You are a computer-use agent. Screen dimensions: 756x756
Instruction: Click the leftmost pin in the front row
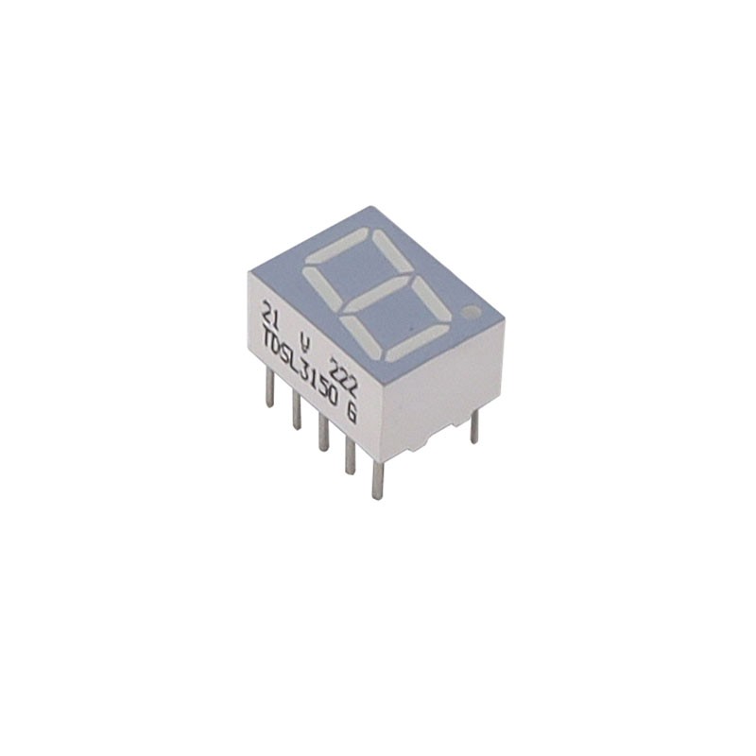click(271, 387)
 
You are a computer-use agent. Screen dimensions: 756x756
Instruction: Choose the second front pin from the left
click(297, 412)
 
